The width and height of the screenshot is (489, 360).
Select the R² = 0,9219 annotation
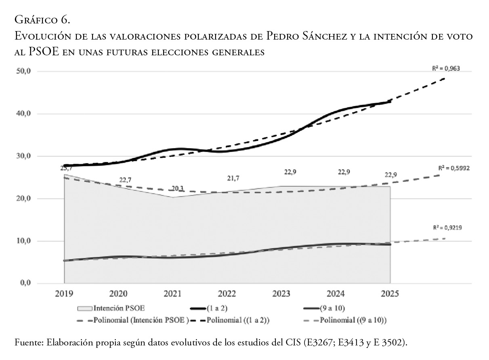coord(447,228)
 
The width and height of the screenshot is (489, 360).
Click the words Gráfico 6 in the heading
coord(42,19)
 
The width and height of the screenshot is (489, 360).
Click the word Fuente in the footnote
coord(29,343)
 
